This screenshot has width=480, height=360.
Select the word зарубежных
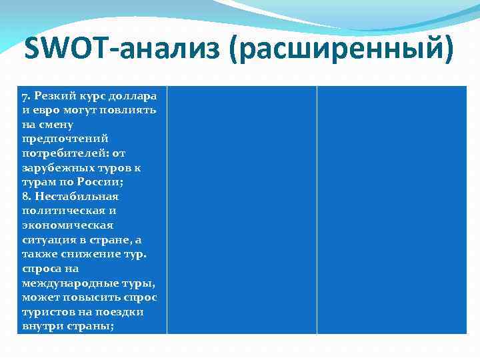[55, 167]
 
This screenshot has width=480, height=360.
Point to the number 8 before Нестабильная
[25, 197]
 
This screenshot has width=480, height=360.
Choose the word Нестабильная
[77, 197]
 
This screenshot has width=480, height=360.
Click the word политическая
[61, 211]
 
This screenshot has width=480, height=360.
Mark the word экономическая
[67, 225]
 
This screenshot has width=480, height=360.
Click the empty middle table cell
[241, 210]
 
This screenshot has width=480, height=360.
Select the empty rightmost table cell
[392, 210]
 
